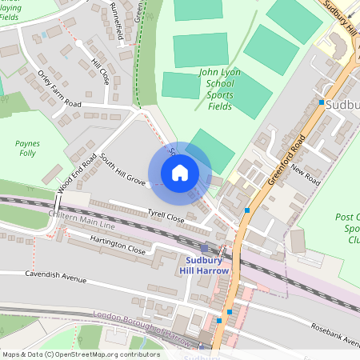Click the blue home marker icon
pos(180,173)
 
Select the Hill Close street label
pos(100,71)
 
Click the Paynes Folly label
pos(27,148)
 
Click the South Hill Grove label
pos(123,170)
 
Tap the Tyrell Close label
pos(166,216)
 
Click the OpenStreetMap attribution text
pos(80,354)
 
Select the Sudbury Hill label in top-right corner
pos(340,16)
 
